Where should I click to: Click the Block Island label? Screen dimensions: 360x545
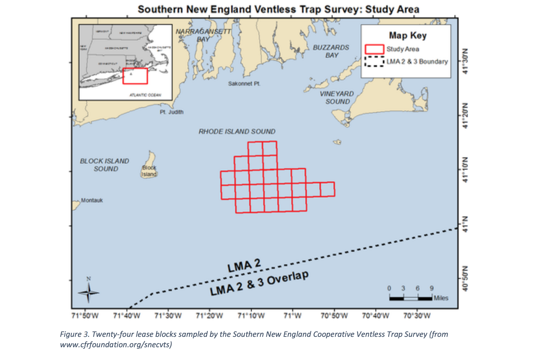(x=149, y=171)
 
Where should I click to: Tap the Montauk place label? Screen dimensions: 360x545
(x=92, y=200)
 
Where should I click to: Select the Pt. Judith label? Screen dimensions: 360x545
(x=172, y=112)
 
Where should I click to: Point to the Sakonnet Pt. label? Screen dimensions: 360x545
(x=244, y=84)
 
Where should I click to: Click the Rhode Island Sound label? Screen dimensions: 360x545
(x=237, y=132)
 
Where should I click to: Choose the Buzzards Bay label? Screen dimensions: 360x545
(x=331, y=51)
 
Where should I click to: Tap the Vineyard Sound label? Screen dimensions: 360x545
(x=337, y=98)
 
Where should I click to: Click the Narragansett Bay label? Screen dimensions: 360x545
(x=203, y=35)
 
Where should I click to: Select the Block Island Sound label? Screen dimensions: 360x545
(x=105, y=165)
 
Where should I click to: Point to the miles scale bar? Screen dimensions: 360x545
(x=411, y=298)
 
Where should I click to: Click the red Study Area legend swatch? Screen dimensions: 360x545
(x=374, y=49)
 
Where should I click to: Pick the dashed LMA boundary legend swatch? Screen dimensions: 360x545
(x=374, y=61)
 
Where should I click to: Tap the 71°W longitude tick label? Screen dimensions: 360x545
(x=292, y=316)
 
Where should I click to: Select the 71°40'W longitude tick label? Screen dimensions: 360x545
(x=127, y=316)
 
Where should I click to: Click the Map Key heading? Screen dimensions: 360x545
(x=408, y=36)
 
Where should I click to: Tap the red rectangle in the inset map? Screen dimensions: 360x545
(x=135, y=76)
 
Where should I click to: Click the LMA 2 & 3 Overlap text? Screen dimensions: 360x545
(x=259, y=284)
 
